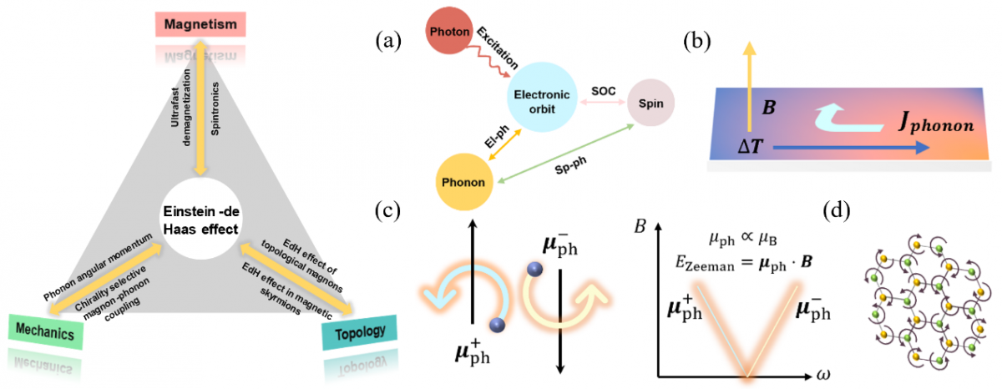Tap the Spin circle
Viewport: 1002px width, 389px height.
pos(650,104)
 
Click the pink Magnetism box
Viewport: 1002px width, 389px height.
pos(201,25)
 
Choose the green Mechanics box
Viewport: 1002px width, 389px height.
pos(46,332)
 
